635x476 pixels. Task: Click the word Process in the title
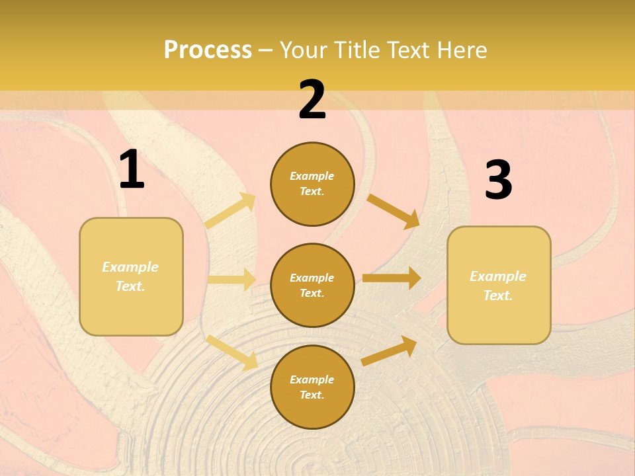coord(208,50)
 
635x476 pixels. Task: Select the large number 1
coord(132,170)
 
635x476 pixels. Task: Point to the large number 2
coord(312,100)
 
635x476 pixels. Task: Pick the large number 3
coord(498,181)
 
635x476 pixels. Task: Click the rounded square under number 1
coord(131,276)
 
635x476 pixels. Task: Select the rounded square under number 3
coord(499,286)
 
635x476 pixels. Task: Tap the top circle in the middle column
coord(312,184)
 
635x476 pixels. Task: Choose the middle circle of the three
coord(312,286)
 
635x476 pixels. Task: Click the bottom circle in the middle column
coord(312,387)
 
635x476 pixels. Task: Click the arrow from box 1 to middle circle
coord(232,280)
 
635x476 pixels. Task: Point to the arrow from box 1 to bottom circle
coord(232,352)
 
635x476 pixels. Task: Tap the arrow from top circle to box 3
coord(394,211)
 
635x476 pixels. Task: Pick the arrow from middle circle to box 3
coord(392,278)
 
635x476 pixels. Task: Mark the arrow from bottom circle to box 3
coord(390,351)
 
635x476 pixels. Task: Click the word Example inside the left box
coord(130,267)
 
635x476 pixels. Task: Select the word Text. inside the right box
coord(498,296)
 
